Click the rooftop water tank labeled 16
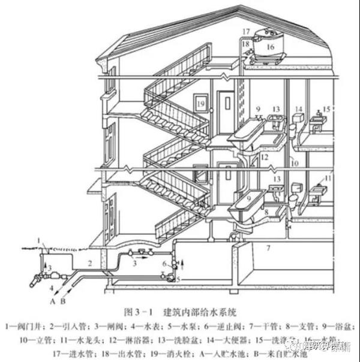tap(269, 47)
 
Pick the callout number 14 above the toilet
tap(298, 110)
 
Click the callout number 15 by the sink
tap(326, 109)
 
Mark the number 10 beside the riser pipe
tap(295, 163)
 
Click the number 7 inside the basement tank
tap(269, 247)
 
